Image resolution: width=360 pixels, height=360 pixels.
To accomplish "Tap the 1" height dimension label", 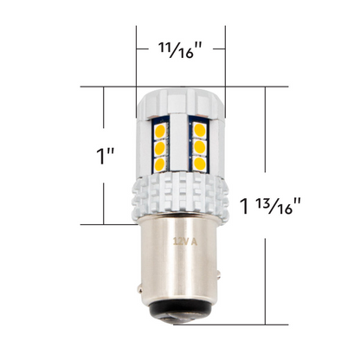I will (106, 157).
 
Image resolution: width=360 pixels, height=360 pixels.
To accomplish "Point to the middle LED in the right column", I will (199, 147).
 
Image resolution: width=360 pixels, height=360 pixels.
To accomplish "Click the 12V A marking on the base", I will (183, 240).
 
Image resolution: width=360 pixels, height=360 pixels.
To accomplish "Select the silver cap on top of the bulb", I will (180, 101).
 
